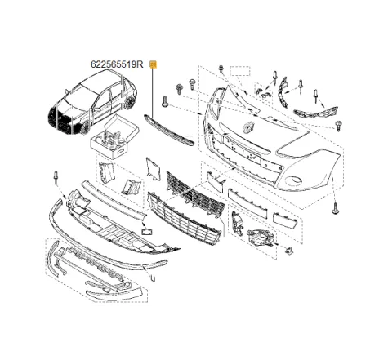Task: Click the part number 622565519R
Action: (117, 64)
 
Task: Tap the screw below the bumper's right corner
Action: (334, 209)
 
